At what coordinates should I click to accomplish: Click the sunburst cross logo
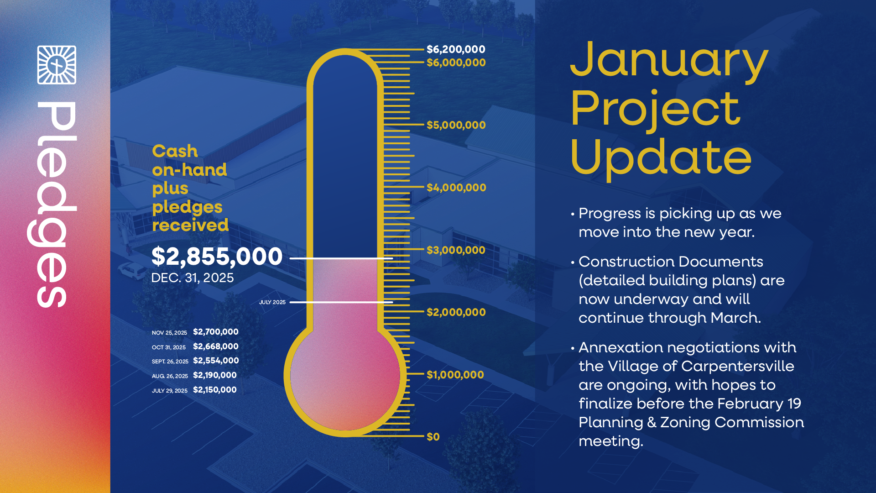57,65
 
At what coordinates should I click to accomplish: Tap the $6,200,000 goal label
456,49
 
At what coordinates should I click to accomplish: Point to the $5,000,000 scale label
456,125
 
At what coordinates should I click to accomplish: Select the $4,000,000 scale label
456,188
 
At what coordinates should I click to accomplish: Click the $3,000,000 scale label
456,250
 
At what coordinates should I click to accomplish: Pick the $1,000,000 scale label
455,375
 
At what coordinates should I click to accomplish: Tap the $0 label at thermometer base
433,437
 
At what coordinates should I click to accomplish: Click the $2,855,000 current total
217,256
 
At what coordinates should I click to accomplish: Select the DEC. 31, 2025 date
193,278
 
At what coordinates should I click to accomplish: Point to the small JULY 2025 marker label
272,302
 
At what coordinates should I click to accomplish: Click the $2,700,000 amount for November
216,332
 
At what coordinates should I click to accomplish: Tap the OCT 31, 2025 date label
169,347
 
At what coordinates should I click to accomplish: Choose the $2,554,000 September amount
216,361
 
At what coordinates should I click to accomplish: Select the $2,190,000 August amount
215,375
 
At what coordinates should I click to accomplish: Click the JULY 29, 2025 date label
170,391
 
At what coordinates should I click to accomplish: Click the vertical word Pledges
54,205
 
